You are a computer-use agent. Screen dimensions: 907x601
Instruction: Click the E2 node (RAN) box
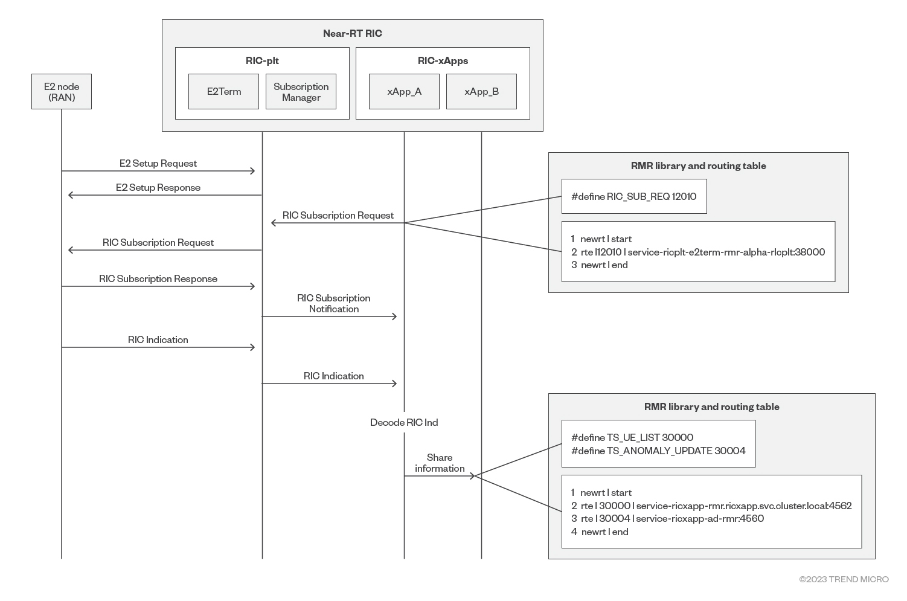coord(62,92)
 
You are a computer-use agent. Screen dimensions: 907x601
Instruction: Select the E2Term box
coord(223,92)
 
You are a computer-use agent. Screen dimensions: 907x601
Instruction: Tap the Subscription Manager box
coord(301,92)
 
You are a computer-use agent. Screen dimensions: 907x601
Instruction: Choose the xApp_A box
coord(404,92)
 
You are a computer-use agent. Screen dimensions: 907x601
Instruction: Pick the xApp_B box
coord(481,92)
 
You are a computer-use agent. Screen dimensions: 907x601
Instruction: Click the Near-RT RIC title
coord(352,34)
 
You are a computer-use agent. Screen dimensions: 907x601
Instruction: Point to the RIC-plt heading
coord(262,61)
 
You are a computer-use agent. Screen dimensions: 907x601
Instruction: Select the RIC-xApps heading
coord(443,61)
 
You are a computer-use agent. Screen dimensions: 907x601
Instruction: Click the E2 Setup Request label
coord(158,163)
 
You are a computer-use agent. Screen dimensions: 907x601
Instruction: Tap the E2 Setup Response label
coord(158,187)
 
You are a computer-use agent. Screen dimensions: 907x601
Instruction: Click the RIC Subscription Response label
coord(158,278)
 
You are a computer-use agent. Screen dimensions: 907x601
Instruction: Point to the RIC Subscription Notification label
coord(334,303)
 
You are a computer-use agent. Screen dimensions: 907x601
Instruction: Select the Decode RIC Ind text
coord(404,422)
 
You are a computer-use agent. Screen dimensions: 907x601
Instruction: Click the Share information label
coord(440,463)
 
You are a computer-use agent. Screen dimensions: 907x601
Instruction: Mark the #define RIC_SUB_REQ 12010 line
coord(633,196)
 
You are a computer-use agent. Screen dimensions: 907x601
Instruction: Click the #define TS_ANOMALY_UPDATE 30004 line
coord(658,451)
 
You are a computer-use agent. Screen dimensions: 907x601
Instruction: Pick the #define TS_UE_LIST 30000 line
coord(632,437)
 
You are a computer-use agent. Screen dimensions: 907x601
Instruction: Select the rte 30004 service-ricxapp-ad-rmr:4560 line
coord(667,518)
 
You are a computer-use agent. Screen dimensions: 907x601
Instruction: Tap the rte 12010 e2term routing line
coord(698,252)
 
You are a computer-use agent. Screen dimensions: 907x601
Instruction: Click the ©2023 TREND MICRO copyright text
coord(844,579)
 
